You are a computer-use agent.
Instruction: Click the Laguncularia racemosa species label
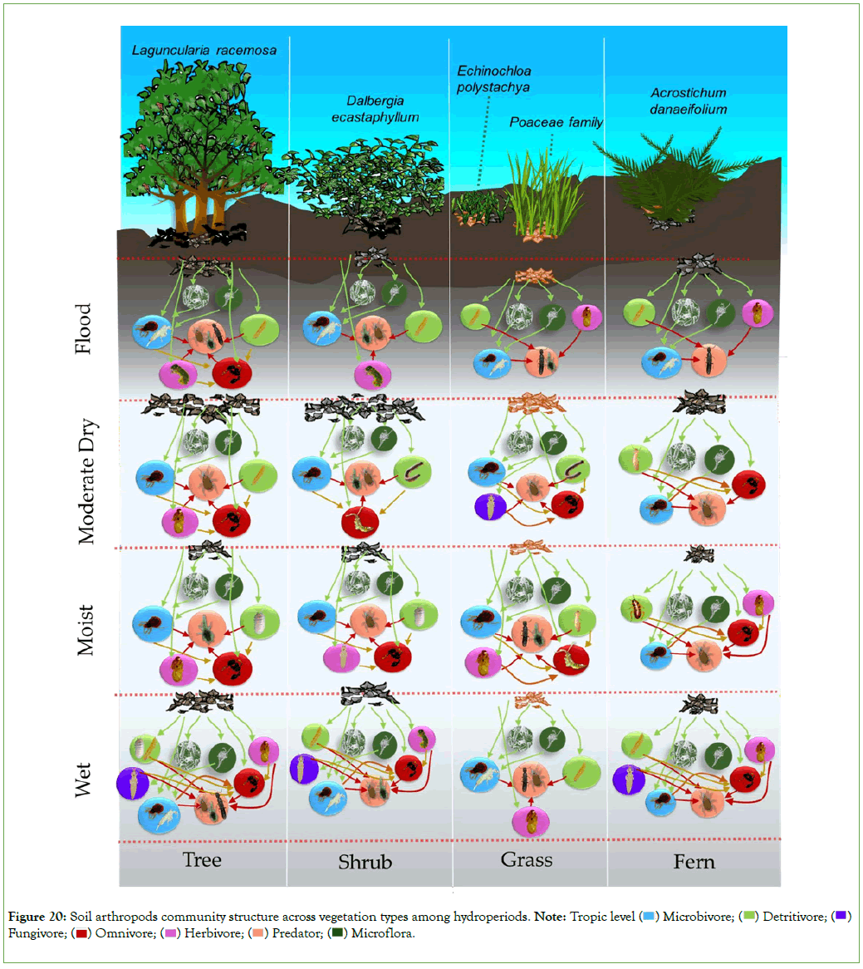[x=204, y=50]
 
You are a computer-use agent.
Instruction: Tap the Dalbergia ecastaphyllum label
[x=375, y=109]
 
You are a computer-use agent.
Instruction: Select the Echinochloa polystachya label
[x=494, y=79]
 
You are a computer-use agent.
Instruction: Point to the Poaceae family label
[x=556, y=122]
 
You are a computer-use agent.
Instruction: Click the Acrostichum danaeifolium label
[x=689, y=101]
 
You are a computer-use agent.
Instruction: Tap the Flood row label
[x=84, y=328]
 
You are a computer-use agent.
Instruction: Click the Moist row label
[x=86, y=630]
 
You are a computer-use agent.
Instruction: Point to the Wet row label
[x=84, y=779]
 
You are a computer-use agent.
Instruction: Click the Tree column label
[x=202, y=859]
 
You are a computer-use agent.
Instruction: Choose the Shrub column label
[x=365, y=863]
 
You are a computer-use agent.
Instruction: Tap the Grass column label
[x=527, y=859]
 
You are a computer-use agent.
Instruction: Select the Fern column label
[x=694, y=863]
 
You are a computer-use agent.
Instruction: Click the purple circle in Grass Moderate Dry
[x=490, y=506]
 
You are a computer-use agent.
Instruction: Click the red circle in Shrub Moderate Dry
[x=360, y=522]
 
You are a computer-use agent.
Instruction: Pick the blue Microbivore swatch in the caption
[x=650, y=917]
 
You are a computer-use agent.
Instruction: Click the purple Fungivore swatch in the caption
[x=841, y=917]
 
